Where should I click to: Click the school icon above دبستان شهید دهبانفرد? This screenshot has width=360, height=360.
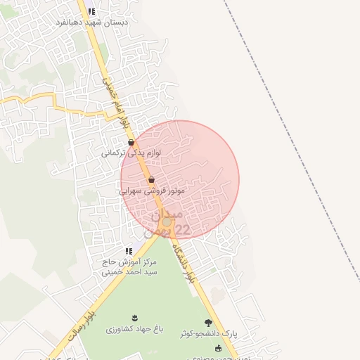click(x=91, y=11)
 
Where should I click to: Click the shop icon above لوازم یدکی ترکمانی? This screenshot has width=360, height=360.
click(x=131, y=142)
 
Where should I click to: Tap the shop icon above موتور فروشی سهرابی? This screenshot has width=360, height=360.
click(x=151, y=180)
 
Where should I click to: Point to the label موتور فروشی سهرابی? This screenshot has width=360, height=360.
click(x=152, y=190)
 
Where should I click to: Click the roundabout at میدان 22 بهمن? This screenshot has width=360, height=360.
click(x=167, y=222)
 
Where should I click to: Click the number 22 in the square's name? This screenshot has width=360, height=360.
click(x=181, y=229)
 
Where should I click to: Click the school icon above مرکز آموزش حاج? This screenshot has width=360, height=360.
click(x=128, y=251)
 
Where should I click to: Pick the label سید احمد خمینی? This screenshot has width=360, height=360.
click(x=131, y=271)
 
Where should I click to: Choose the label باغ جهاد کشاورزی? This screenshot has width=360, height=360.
click(x=134, y=328)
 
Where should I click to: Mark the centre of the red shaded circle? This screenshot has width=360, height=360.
click(x=180, y=180)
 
